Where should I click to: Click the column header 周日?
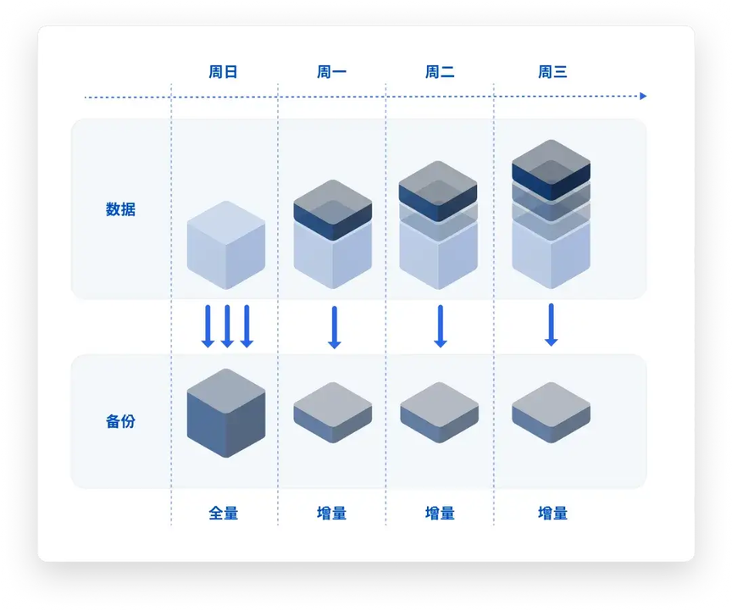(224, 72)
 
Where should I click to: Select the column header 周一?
(331, 72)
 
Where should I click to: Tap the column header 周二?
(440, 72)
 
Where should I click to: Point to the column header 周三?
(552, 72)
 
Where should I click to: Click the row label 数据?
(120, 209)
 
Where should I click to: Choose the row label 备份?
(120, 421)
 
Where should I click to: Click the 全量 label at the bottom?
(224, 513)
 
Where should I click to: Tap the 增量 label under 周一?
(331, 513)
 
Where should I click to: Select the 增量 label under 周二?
(440, 513)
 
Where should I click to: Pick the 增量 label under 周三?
(552, 513)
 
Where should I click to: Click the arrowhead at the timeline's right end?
(643, 97)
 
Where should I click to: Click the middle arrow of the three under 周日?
(227, 326)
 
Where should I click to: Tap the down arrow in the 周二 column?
(440, 326)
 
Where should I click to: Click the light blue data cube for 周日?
(225, 246)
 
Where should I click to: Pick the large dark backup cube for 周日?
(225, 414)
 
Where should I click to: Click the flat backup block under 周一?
(332, 412)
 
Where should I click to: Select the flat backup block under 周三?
(551, 412)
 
